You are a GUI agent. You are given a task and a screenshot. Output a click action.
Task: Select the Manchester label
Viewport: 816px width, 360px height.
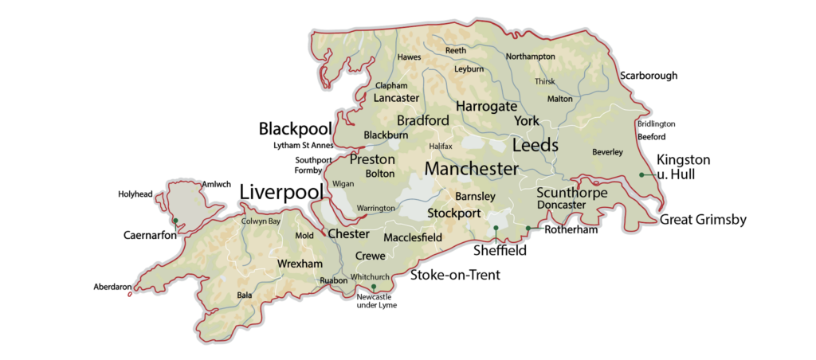471,169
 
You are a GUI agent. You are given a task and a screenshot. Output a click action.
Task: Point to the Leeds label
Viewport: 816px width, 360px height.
535,146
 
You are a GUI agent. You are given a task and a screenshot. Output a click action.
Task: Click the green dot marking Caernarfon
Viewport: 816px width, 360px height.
175,221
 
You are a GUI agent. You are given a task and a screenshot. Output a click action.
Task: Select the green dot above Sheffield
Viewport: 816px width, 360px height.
496,229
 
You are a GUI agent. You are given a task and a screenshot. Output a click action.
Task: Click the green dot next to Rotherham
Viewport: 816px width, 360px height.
528,229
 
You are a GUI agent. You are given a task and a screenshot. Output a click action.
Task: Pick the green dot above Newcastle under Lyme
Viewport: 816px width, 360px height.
373,287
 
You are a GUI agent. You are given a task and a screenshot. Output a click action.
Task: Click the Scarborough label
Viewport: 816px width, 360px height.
649,76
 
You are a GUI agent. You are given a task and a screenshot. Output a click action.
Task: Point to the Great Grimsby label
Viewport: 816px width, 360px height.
703,220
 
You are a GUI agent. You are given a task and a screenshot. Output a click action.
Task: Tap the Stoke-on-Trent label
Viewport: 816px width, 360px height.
455,275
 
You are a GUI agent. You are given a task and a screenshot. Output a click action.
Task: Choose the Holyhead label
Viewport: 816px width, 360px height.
135,194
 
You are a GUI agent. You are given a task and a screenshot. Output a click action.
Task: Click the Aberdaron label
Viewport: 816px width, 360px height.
112,287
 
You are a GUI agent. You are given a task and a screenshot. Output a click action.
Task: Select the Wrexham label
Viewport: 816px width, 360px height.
299,264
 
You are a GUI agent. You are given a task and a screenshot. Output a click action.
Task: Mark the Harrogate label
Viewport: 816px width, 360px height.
486,106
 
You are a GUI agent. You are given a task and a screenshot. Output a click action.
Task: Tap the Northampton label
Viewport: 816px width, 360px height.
530,57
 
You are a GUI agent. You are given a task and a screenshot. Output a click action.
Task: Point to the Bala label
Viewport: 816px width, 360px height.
245,295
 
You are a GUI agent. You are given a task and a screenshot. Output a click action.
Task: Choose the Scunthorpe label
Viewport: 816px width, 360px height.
572,193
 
